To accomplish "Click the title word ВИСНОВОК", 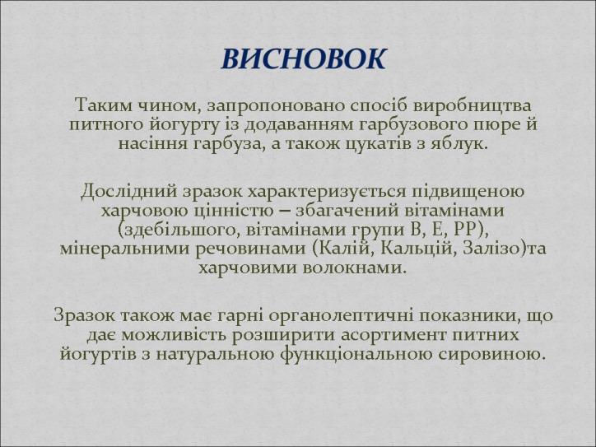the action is pyautogui.click(x=304, y=59).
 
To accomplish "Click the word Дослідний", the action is pyautogui.click(x=129, y=191).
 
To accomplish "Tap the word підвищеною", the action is pyautogui.click(x=468, y=192).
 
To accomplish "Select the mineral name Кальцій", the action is pyautogui.click(x=416, y=249).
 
